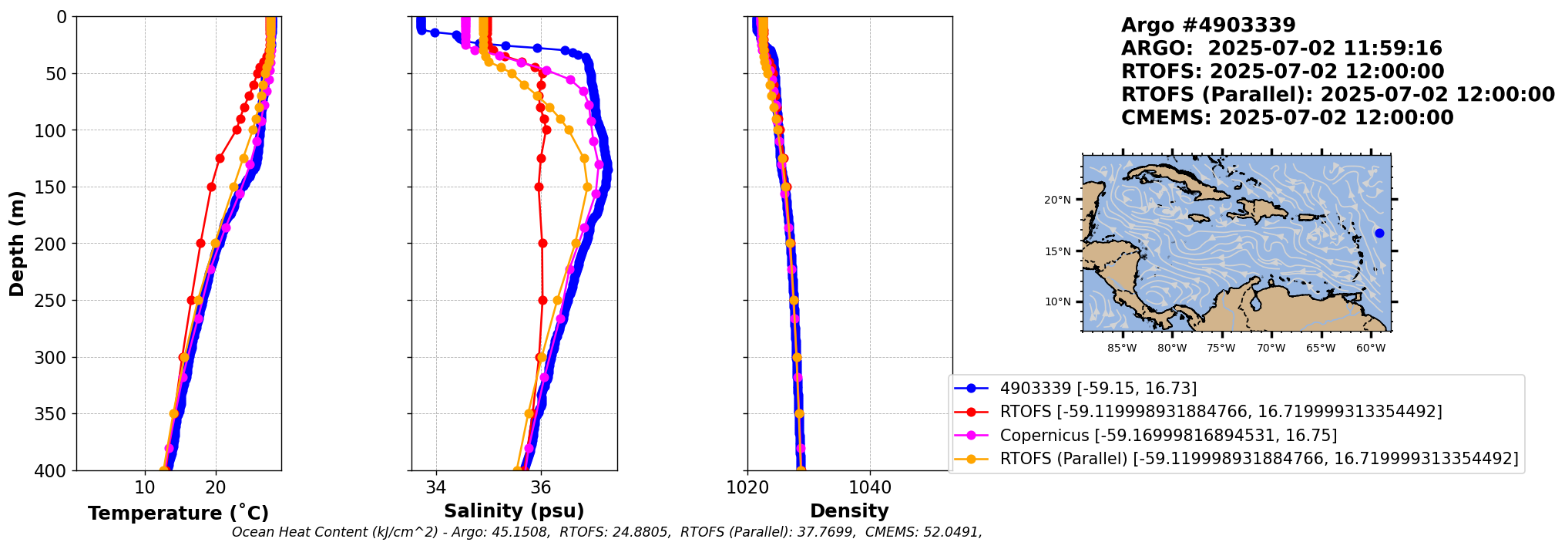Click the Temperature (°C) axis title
178,513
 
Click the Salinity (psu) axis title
514,510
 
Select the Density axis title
849,510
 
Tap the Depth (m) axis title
16,244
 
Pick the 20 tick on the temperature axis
216,488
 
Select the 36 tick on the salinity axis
541,488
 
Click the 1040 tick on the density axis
870,488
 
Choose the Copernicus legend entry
1168,436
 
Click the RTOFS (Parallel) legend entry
1259,459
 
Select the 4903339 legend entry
1098,389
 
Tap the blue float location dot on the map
1379,233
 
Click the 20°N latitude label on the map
1057,200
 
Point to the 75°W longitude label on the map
1221,349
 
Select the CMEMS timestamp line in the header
1287,118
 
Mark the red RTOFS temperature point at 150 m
212,187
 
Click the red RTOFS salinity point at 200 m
542,243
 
